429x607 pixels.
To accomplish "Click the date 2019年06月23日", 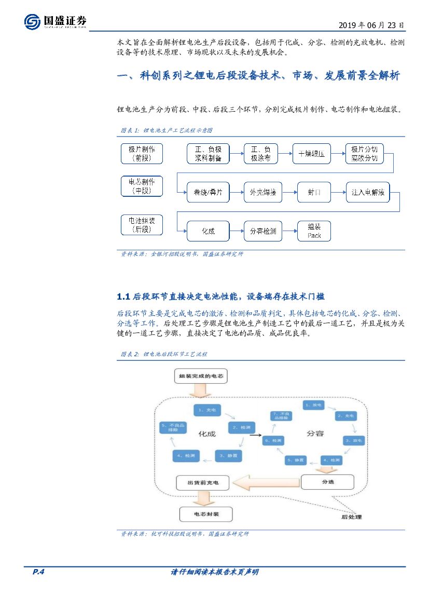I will (x=371, y=25).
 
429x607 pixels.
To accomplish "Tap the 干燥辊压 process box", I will (x=311, y=154).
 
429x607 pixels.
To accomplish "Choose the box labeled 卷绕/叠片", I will (x=208, y=193).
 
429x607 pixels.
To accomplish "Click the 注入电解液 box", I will (x=368, y=193).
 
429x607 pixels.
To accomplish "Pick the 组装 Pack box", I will (x=314, y=231).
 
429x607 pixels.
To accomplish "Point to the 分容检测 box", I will (x=263, y=231).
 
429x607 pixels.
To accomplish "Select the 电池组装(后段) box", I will (x=142, y=224).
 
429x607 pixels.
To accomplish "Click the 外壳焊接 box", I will (x=263, y=193).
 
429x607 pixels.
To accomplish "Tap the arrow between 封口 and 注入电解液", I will (x=339, y=193).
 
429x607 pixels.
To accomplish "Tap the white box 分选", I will (x=328, y=482).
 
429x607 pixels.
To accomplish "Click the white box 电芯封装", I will (x=206, y=514).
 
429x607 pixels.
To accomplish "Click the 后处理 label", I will (x=351, y=517).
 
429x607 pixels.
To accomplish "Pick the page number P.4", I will (x=39, y=572).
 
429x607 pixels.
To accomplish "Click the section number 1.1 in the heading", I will (x=123, y=296).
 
